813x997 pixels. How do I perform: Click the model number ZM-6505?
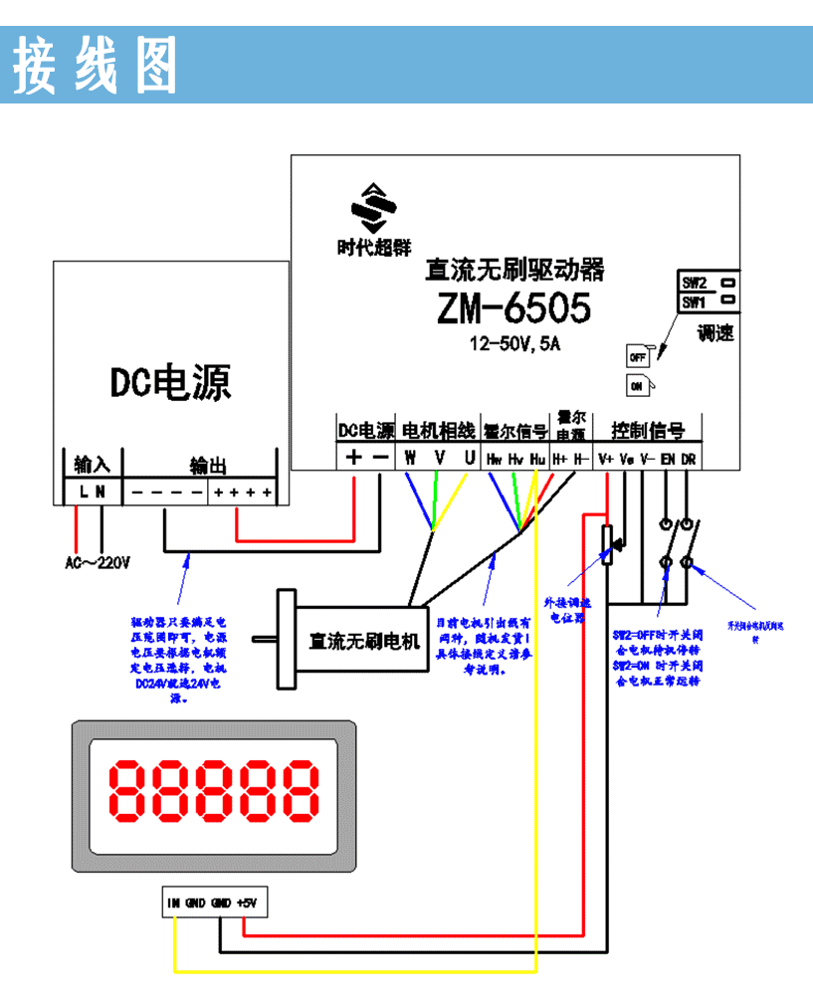tap(513, 308)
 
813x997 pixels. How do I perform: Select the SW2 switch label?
tap(694, 282)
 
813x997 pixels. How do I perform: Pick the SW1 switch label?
tap(694, 300)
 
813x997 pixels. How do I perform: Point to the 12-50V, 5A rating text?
tap(515, 344)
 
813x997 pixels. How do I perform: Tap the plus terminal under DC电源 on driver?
tap(353, 458)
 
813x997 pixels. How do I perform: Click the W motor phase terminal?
tap(409, 459)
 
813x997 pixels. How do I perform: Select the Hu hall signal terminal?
tap(537, 460)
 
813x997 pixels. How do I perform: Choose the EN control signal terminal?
tap(668, 460)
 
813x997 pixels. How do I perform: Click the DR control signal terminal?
tap(689, 460)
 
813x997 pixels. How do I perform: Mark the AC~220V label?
tap(98, 563)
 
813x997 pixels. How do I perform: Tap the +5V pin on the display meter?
tap(247, 903)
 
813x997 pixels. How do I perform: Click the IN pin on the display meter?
tap(174, 903)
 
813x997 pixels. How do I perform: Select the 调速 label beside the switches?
tap(715, 334)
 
